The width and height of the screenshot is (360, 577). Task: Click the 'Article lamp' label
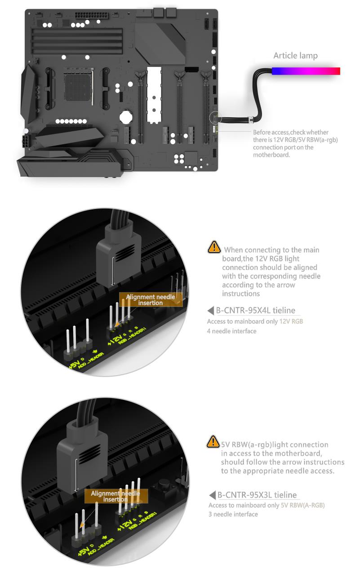[295, 56]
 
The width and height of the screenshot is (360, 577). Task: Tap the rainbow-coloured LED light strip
[306, 71]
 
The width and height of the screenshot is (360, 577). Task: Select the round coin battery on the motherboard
[126, 117]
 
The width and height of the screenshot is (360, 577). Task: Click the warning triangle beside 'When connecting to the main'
[214, 247]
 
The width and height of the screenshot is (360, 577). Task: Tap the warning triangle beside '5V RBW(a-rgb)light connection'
[213, 441]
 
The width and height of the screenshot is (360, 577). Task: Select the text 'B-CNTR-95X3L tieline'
[257, 495]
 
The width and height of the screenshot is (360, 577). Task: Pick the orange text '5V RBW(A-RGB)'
[302, 505]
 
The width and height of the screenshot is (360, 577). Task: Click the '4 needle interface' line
[231, 331]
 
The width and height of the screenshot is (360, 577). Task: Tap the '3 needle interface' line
[233, 514]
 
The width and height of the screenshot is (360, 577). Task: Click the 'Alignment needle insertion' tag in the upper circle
[151, 300]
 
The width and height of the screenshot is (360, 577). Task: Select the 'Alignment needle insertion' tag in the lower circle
[116, 496]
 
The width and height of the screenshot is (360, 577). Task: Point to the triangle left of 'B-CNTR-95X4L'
[211, 311]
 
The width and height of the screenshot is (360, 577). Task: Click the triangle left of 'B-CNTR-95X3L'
[212, 495]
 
